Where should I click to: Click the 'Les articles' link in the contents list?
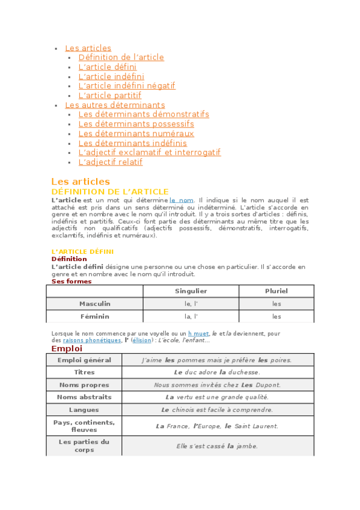point(88,48)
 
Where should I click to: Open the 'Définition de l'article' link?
point(121,58)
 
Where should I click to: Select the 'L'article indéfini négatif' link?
point(126,86)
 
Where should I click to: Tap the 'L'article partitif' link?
point(109,96)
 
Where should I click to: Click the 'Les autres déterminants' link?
point(115,105)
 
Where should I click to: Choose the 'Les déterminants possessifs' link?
point(136,124)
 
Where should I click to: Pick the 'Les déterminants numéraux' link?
point(136,134)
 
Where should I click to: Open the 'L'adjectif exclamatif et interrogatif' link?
point(149,153)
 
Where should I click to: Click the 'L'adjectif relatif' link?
point(110,162)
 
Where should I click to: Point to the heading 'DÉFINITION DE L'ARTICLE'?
point(110,192)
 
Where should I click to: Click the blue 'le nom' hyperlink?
point(182,200)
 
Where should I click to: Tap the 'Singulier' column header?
point(191,291)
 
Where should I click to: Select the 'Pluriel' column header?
point(276,291)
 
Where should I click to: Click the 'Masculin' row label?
point(94,304)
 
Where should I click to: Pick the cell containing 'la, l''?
point(191,316)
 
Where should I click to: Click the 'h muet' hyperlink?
point(198,333)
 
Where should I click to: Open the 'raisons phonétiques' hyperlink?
point(91,340)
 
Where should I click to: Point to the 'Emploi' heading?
point(67,349)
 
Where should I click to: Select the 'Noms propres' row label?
point(84,385)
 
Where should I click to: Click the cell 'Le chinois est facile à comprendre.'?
point(217,410)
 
